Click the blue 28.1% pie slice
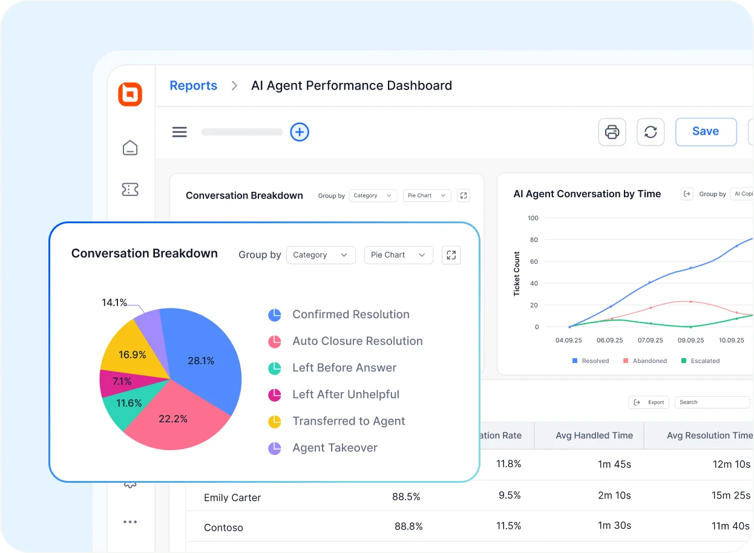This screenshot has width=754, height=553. pos(200,361)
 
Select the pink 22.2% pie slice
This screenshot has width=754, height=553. pos(173,418)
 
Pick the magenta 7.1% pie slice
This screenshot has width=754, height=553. pos(122,382)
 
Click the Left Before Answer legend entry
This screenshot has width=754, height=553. pos(344,368)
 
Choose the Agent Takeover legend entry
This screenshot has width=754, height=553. pos(335,448)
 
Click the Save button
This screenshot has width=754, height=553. pos(706,132)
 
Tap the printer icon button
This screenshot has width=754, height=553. pos(612,132)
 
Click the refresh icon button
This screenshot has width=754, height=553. pos(651,132)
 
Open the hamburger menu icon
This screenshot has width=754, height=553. pos(180,132)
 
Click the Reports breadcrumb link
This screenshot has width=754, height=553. pos(193,86)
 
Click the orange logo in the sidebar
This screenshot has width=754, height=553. pos(130,94)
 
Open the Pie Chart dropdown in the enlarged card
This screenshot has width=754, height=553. pos(398,255)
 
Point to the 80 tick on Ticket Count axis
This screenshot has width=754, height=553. pos(533,240)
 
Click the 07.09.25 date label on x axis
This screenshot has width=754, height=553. pos(651,340)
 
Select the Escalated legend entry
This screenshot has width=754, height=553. pos(705,361)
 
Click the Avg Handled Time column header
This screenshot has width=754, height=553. pos(594,436)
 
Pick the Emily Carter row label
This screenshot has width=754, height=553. pos(232,498)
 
